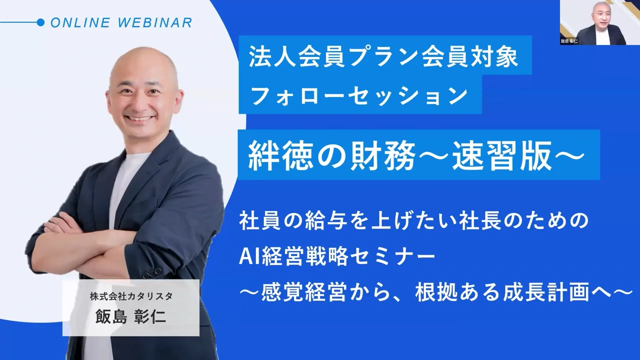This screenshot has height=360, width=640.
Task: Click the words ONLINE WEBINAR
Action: point(121,22)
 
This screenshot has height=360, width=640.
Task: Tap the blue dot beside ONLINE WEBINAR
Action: point(41,22)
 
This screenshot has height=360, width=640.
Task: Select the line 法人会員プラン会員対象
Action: point(384,59)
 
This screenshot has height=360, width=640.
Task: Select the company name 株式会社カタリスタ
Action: point(131,296)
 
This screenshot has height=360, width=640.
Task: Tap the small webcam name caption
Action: point(569,42)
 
